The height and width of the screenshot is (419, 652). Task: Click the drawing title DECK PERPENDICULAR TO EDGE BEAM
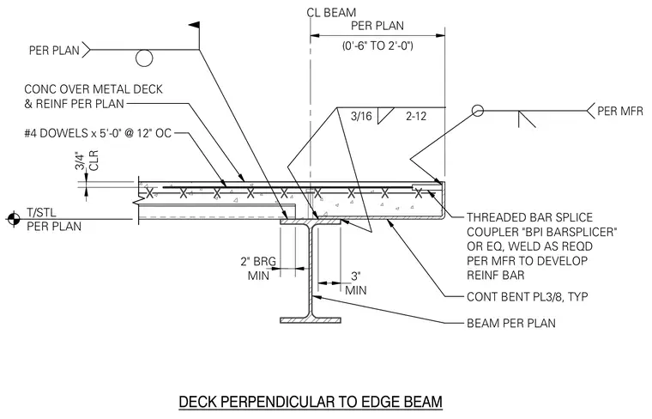[311, 402]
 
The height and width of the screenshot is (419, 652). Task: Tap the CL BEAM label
[331, 13]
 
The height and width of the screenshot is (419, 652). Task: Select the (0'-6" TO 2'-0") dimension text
[377, 46]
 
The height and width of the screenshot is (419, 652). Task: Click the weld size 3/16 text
[361, 116]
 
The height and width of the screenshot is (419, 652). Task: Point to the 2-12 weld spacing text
[416, 116]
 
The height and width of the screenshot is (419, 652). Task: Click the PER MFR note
[620, 111]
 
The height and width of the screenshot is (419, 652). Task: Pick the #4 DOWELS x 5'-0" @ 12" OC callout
[98, 134]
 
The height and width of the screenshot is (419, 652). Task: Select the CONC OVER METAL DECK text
[94, 89]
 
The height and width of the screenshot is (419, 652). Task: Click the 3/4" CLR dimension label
[87, 161]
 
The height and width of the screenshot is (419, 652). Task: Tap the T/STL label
[41, 213]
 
